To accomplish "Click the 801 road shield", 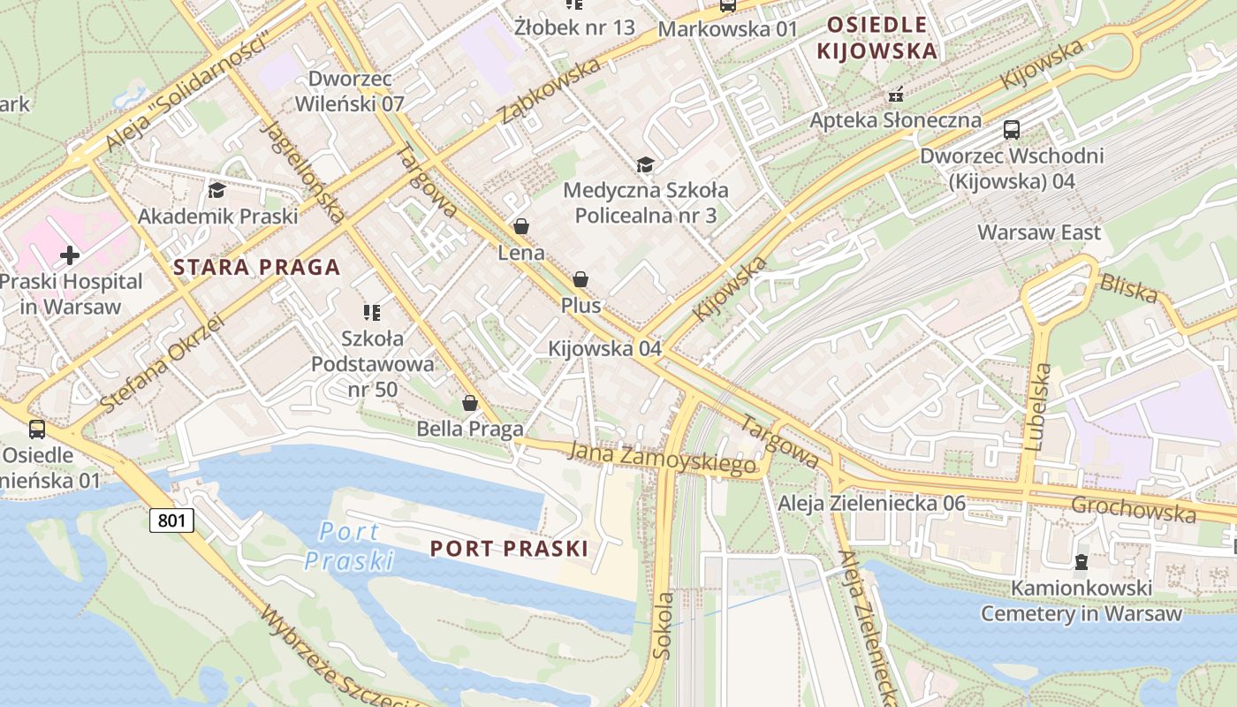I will click(x=171, y=520).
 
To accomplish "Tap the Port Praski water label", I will click(x=349, y=546).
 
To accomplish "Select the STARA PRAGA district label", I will click(x=257, y=267).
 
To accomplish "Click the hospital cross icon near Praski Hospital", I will click(x=70, y=255).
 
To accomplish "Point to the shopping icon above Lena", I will click(x=521, y=226).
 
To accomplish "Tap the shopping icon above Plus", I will click(x=581, y=279).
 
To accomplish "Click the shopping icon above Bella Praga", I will click(x=470, y=403).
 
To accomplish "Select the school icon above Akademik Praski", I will click(x=216, y=190).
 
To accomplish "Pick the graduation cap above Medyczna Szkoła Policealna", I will click(x=646, y=164).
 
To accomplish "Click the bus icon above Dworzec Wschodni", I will click(x=1012, y=130).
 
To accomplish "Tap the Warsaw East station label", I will click(x=1039, y=232).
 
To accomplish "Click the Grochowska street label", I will click(x=1134, y=509).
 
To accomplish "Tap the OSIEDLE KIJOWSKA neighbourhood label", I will click(x=877, y=38).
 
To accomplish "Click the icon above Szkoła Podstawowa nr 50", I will click(x=372, y=312).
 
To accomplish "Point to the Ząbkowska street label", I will click(x=548, y=91).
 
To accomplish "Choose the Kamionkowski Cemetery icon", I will click(x=1081, y=562).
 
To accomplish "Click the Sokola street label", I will click(x=663, y=626).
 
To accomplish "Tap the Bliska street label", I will click(x=1127, y=288).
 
